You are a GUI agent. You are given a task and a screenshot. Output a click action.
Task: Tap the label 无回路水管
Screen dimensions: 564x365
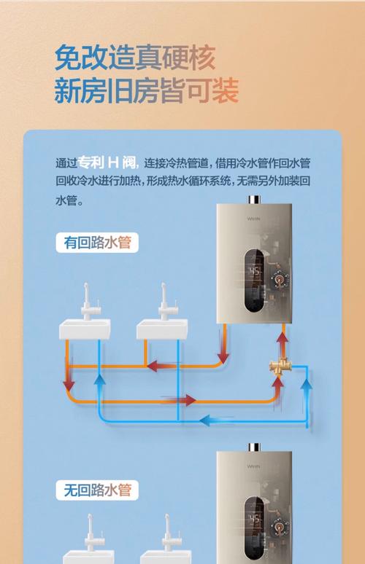pos(97,490)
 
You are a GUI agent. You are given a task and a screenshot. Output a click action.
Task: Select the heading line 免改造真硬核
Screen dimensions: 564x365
pos(135,58)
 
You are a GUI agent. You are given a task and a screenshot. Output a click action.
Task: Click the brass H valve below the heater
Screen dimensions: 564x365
pos(279,367)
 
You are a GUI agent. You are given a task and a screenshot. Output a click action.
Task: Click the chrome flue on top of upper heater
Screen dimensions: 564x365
pos(254,199)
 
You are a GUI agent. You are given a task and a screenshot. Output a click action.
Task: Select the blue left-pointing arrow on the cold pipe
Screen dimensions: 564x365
pos(215,420)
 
